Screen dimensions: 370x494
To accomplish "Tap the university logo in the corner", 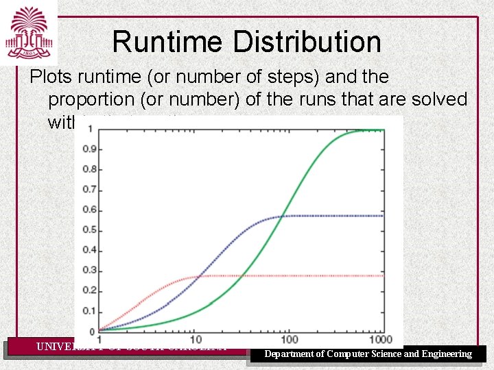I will pos(28,32).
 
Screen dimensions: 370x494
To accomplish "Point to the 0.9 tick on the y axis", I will pos(88,149).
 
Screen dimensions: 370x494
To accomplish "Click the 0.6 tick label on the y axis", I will pos(88,209).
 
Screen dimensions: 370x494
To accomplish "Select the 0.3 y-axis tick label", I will pos(88,270).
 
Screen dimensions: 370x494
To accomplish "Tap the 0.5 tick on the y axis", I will pos(88,230).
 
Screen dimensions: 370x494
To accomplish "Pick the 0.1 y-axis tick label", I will pos(88,310).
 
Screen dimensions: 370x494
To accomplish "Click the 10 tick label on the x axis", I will pos(195,340).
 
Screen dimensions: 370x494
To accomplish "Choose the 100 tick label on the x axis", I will pos(290,340).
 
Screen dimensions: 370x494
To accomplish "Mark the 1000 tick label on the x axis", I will pos(379,340).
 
